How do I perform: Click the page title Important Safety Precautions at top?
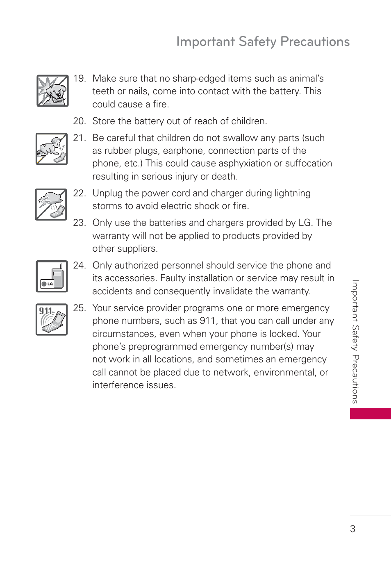263,42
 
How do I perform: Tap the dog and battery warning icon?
52,91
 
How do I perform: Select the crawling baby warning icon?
52,149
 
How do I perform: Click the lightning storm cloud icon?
51,205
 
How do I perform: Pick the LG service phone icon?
52,276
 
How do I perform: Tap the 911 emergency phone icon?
52,319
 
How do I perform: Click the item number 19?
79,79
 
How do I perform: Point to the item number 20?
79,121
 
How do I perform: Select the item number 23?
79,223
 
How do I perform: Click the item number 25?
79,308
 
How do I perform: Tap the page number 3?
352,529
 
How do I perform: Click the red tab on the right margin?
370,414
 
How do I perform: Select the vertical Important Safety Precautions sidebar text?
355,342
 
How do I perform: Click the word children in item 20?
248,121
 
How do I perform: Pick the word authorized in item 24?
137,266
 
